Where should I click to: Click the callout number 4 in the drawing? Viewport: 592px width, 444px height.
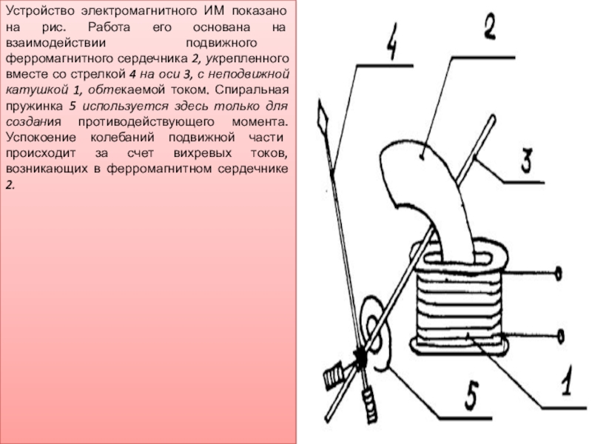[x=391, y=42]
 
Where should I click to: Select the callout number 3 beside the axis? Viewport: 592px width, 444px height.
[x=528, y=161]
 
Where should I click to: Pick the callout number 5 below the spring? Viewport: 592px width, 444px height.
[x=471, y=396]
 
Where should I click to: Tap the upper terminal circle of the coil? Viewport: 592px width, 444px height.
[x=559, y=273]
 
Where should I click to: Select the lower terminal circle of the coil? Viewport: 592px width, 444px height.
[x=561, y=336]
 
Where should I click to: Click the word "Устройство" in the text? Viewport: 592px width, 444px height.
[x=40, y=11]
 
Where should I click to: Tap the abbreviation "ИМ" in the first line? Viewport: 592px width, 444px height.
[x=214, y=11]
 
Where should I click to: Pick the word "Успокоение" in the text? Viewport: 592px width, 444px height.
[x=41, y=138]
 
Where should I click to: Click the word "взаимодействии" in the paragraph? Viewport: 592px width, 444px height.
[x=56, y=43]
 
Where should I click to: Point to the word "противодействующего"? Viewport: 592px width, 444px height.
[x=146, y=122]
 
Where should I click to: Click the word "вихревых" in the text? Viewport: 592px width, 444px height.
[x=202, y=153]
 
